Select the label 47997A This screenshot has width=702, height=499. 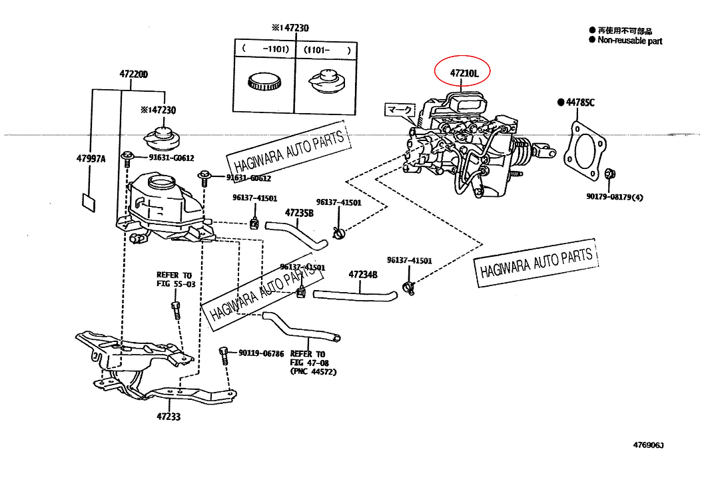[91, 158]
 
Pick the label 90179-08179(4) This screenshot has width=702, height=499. [615, 197]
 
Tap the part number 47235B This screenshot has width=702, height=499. [299, 213]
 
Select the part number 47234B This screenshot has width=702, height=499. [362, 274]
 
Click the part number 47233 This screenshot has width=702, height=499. [169, 417]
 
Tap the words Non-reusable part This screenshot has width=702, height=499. [629, 41]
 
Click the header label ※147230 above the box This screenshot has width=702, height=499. [290, 28]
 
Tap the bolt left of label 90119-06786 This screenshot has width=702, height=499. [224, 353]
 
